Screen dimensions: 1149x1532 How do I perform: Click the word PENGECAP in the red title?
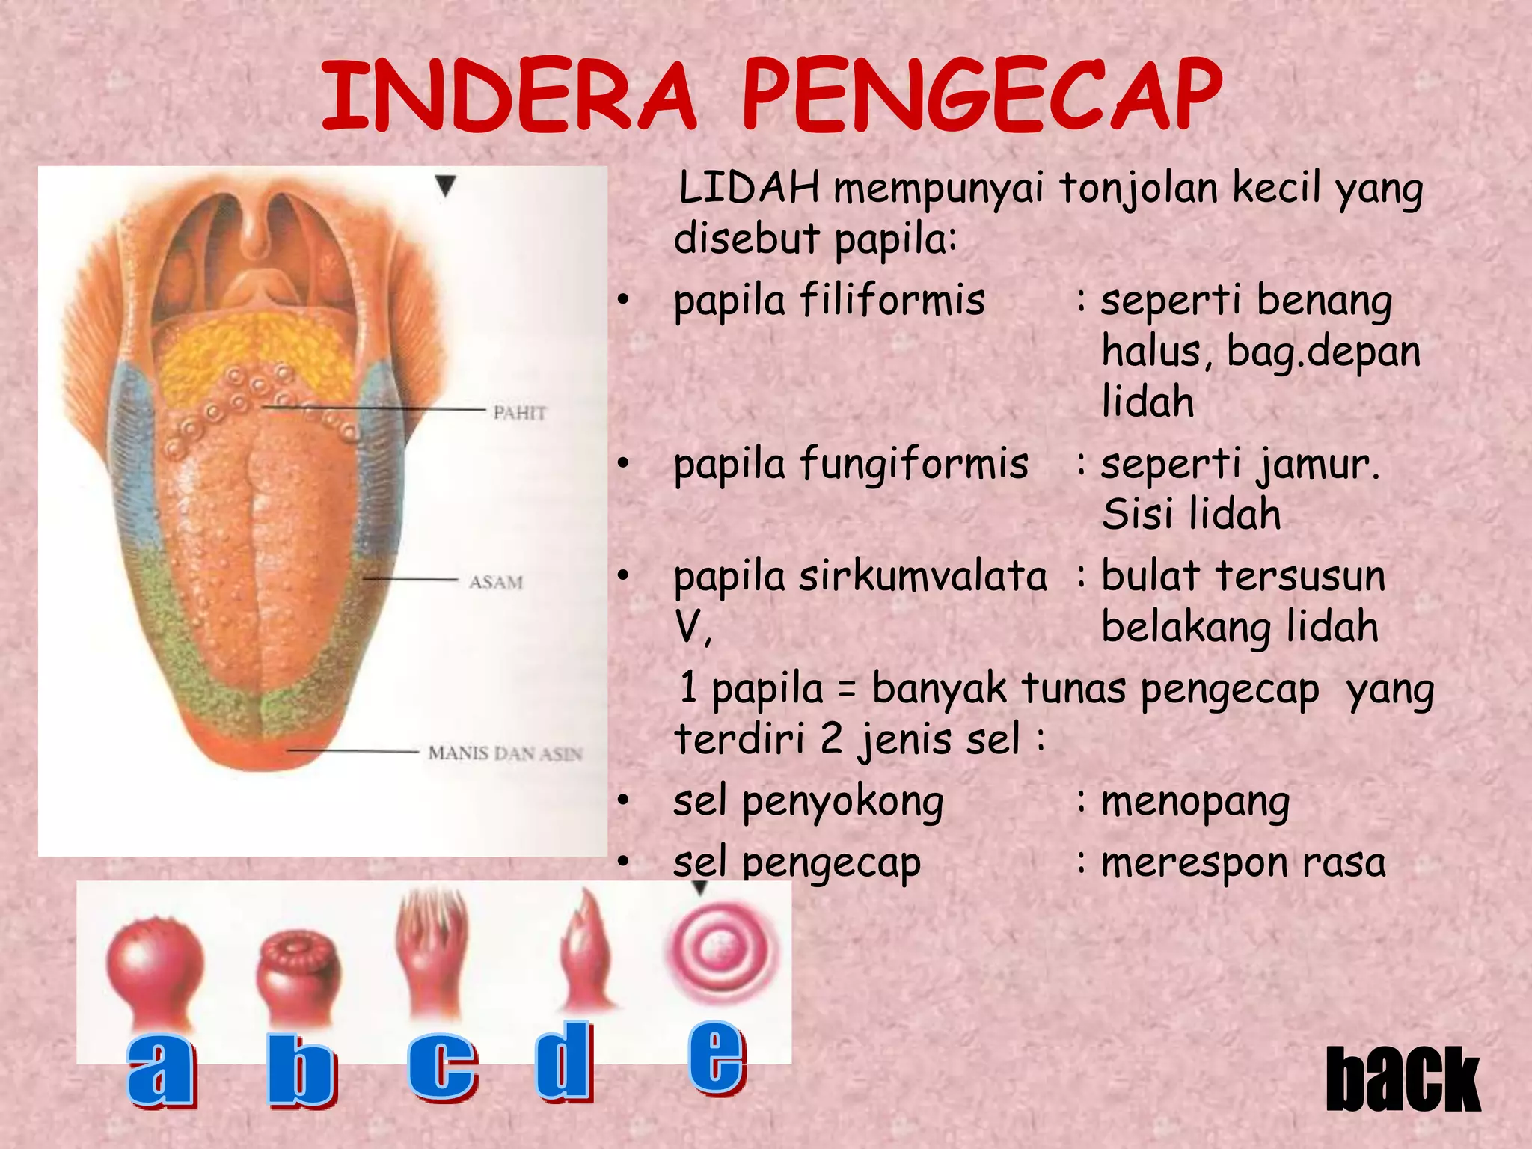click(981, 95)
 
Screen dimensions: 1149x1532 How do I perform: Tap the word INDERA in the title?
click(509, 95)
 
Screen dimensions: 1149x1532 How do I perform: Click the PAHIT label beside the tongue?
click(520, 413)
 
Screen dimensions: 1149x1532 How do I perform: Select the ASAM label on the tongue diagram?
click(496, 582)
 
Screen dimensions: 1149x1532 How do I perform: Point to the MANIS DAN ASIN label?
click(505, 753)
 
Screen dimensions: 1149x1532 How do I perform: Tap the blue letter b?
click(301, 1070)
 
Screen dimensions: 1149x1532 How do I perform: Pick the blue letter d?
click(565, 1062)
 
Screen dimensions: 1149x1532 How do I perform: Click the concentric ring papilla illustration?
click(721, 950)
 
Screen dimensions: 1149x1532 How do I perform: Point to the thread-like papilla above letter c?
click(432, 950)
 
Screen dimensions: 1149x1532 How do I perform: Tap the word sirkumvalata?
click(923, 577)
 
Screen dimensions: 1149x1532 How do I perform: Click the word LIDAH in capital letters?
click(749, 188)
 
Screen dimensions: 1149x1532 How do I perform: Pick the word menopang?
click(1195, 803)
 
